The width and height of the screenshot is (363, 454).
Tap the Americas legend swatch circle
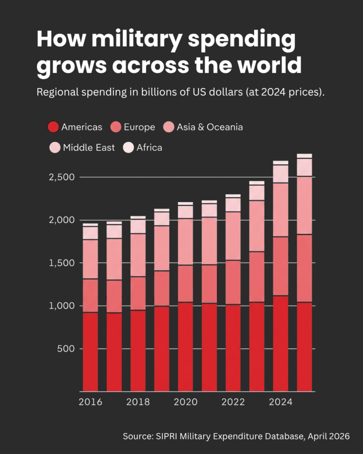point(53,127)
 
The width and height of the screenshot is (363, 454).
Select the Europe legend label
point(139,127)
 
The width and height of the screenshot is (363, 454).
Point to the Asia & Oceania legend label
point(210,127)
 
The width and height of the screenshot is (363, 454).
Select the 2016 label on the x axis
point(90,402)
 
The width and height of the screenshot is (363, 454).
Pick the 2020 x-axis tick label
point(185,402)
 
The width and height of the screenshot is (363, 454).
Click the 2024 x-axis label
point(281,402)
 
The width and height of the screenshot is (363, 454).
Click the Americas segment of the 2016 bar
point(90,352)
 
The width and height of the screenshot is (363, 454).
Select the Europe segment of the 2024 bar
point(281,266)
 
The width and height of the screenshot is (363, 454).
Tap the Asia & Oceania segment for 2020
point(185,242)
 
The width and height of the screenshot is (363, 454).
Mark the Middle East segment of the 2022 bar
point(233,205)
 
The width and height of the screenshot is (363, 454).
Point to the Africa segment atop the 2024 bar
point(281,163)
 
